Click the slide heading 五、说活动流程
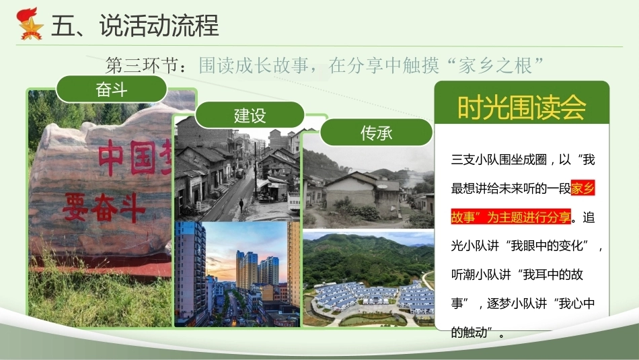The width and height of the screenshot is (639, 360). [135, 26]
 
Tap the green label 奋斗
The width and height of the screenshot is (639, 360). [111, 89]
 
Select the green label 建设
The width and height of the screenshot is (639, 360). [250, 115]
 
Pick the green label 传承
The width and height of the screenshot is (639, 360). [376, 133]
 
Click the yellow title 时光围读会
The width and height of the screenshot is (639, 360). [522, 108]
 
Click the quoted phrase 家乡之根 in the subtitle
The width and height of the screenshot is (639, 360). [495, 65]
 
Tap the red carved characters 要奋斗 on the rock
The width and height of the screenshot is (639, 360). [104, 207]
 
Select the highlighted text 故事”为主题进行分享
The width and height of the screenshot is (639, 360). [511, 217]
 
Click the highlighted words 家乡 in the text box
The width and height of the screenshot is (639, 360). [583, 188]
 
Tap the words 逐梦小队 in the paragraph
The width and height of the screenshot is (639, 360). [511, 303]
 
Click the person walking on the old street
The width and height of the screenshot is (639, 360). [241, 205]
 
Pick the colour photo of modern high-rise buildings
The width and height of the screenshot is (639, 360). [237, 274]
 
